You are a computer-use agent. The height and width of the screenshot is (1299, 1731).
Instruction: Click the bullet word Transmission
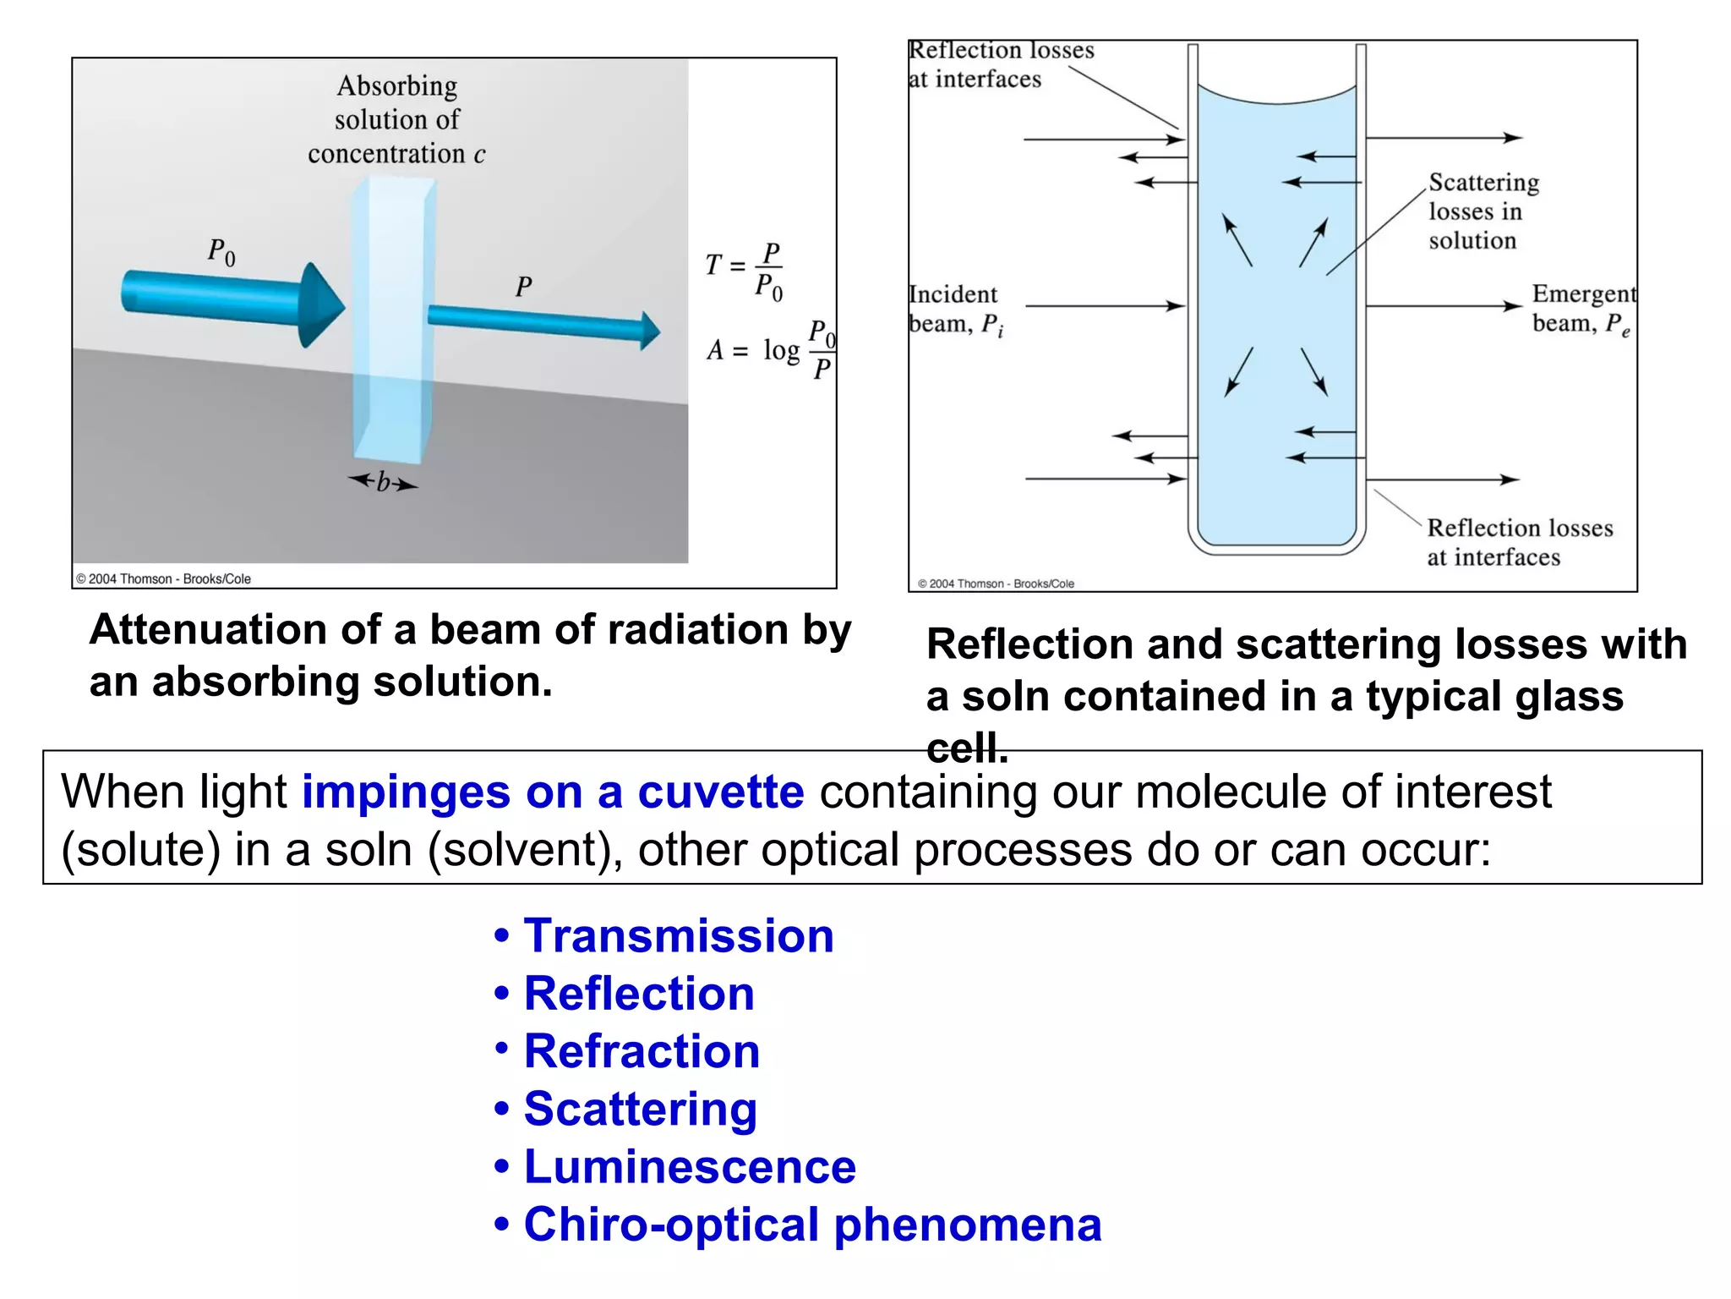(678, 936)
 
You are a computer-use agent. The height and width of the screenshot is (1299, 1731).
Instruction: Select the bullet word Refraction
(642, 1051)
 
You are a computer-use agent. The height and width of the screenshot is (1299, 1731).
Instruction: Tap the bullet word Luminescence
(690, 1167)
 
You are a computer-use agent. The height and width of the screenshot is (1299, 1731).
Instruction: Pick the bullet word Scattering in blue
(640, 1109)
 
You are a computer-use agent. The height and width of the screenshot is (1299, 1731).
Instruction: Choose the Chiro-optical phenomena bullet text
(812, 1225)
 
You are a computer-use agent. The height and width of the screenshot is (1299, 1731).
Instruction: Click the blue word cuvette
(720, 792)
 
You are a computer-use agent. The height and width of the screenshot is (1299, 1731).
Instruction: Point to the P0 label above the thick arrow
(221, 252)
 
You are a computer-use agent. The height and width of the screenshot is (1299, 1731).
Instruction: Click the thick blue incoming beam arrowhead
(321, 304)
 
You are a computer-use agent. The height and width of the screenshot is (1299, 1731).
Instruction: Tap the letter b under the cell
(383, 482)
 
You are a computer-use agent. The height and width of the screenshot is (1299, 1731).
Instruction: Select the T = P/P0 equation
(745, 271)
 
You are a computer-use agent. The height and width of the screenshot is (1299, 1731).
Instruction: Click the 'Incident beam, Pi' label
(955, 310)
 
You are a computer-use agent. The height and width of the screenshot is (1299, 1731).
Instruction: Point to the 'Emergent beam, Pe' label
(1582, 310)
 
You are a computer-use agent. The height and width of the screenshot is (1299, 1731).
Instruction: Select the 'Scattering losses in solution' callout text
(1483, 211)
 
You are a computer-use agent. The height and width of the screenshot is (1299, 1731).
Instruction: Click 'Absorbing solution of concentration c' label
(396, 120)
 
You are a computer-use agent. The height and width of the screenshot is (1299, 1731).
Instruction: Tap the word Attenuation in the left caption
(208, 630)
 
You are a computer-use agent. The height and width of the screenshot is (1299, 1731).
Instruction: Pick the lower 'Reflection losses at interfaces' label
(1518, 542)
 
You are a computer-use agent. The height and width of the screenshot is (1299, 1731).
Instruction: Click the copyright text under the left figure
(164, 579)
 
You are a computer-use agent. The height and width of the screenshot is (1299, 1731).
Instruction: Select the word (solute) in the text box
(140, 850)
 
